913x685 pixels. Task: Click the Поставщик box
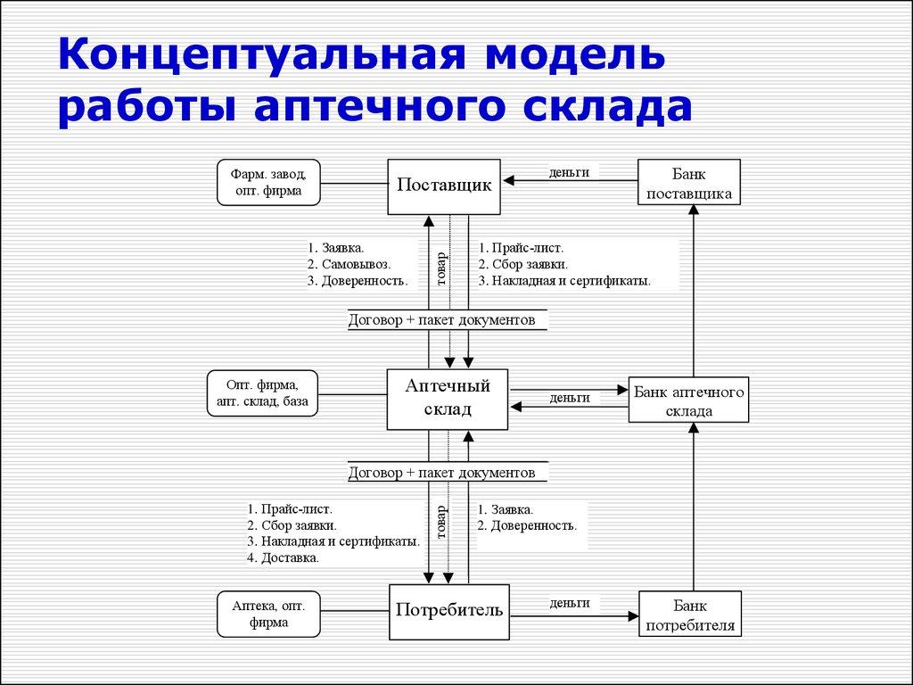click(445, 186)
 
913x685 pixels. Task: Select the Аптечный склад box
click(447, 398)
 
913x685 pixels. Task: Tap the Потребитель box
click(449, 612)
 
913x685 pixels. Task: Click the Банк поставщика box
click(689, 182)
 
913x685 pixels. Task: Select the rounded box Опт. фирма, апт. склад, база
click(262, 393)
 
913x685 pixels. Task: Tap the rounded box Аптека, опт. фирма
click(268, 614)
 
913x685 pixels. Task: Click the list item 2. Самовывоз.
click(348, 264)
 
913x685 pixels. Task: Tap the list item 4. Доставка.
click(283, 557)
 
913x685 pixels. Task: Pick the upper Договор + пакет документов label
click(442, 320)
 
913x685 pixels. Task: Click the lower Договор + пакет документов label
click(442, 473)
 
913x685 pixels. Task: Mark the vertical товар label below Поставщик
click(440, 268)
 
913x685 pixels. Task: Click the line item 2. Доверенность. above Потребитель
click(527, 526)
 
